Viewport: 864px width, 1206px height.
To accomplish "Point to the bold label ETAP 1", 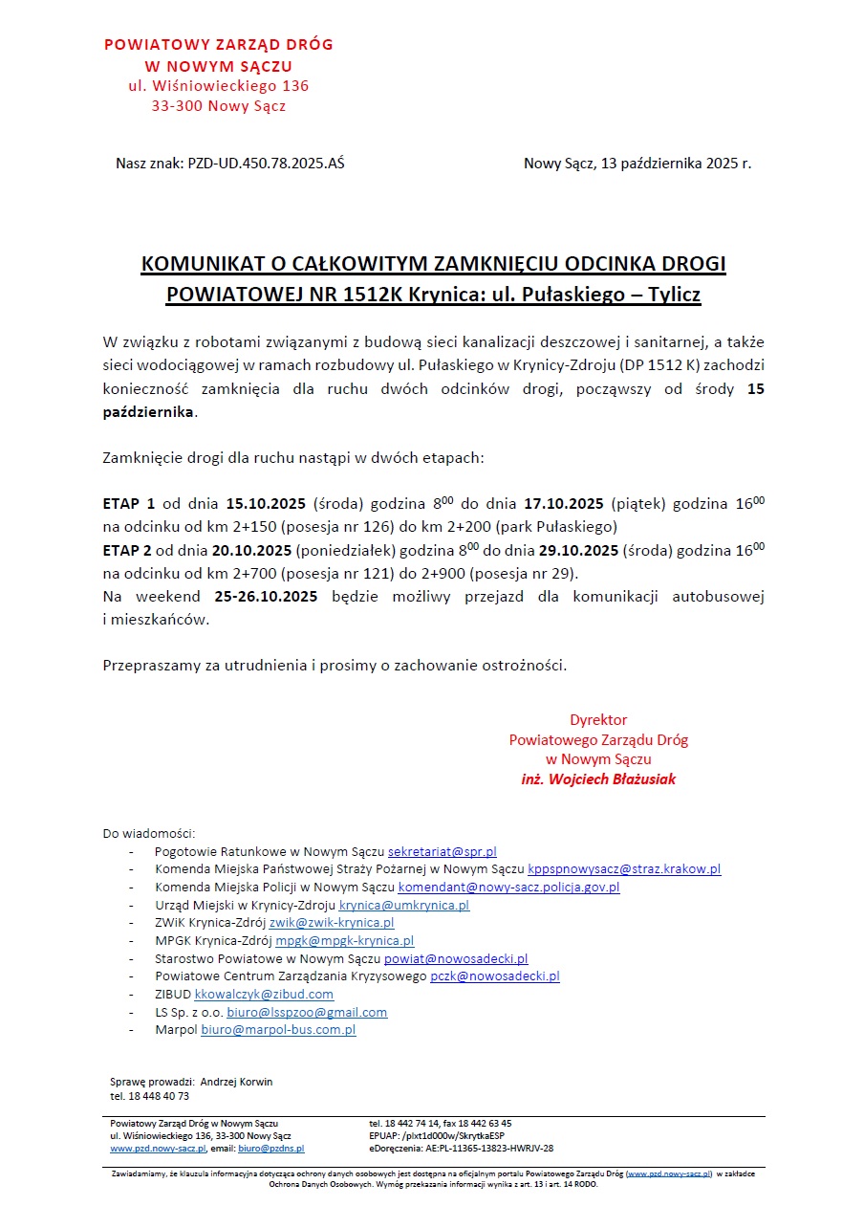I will pyautogui.click(x=129, y=504).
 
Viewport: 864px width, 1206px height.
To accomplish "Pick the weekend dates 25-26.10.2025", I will pyautogui.click(x=266, y=597).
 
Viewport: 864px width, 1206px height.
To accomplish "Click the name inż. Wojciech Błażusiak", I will pyautogui.click(x=598, y=779).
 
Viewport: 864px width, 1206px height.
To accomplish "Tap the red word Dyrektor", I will pyautogui.click(x=598, y=720).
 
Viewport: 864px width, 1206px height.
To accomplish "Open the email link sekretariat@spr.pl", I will pyautogui.click(x=442, y=851).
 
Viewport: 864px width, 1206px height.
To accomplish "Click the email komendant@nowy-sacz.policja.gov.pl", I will pyautogui.click(x=508, y=887).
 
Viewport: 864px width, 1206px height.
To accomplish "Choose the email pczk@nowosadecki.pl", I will pyautogui.click(x=494, y=976).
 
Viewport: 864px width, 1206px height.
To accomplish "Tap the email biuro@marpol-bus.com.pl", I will pyautogui.click(x=278, y=1030).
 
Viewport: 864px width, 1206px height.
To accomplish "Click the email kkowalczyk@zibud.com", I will pyautogui.click(x=264, y=995).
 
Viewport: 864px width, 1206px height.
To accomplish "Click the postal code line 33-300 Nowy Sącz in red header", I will pyautogui.click(x=219, y=106).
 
